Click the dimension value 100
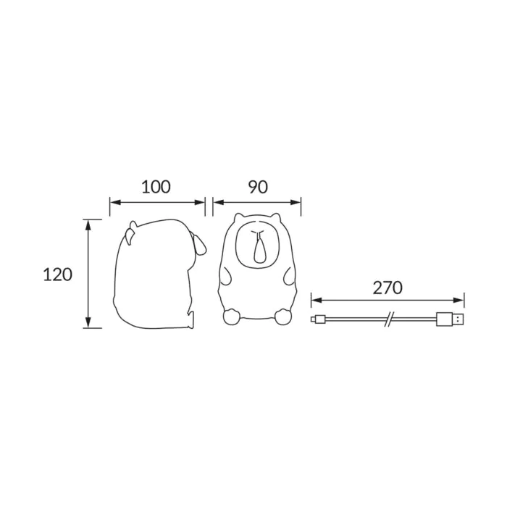(x=156, y=187)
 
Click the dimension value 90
(x=258, y=187)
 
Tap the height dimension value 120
(x=57, y=275)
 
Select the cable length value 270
(x=387, y=288)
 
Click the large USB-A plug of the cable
(x=451, y=319)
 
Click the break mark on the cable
(x=390, y=319)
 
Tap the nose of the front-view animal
(x=259, y=248)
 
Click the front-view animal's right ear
(x=275, y=217)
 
